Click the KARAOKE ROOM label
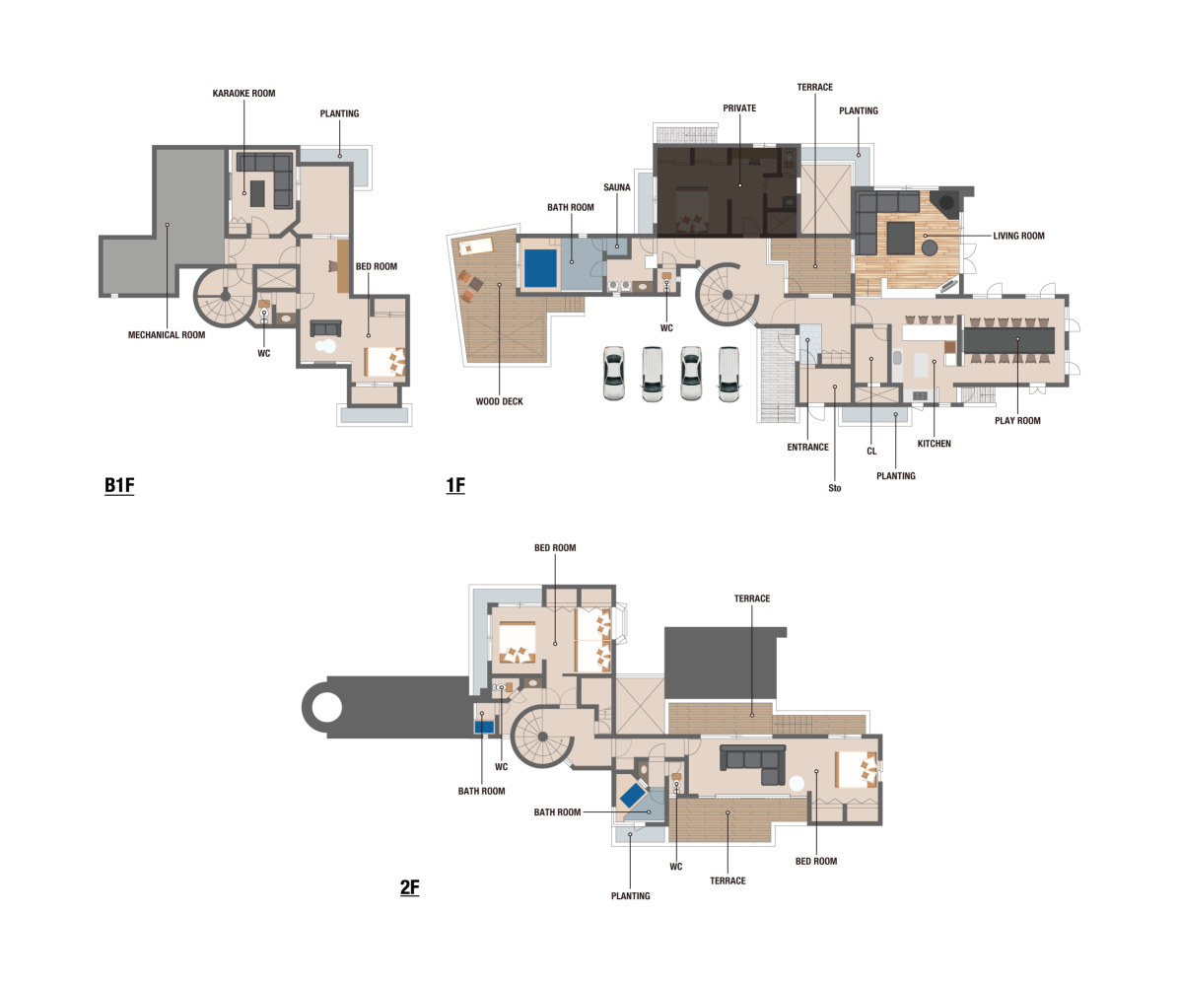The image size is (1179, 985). (243, 94)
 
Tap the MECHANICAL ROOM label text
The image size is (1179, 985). (167, 334)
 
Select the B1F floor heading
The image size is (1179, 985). (119, 485)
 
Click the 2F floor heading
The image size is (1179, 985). (410, 887)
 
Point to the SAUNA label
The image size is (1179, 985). (616, 187)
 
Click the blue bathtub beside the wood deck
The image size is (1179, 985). (540, 268)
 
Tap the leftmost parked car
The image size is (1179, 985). (613, 373)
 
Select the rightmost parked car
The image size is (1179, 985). (728, 373)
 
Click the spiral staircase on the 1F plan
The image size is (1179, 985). (727, 294)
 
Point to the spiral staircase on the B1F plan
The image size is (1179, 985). (225, 297)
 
